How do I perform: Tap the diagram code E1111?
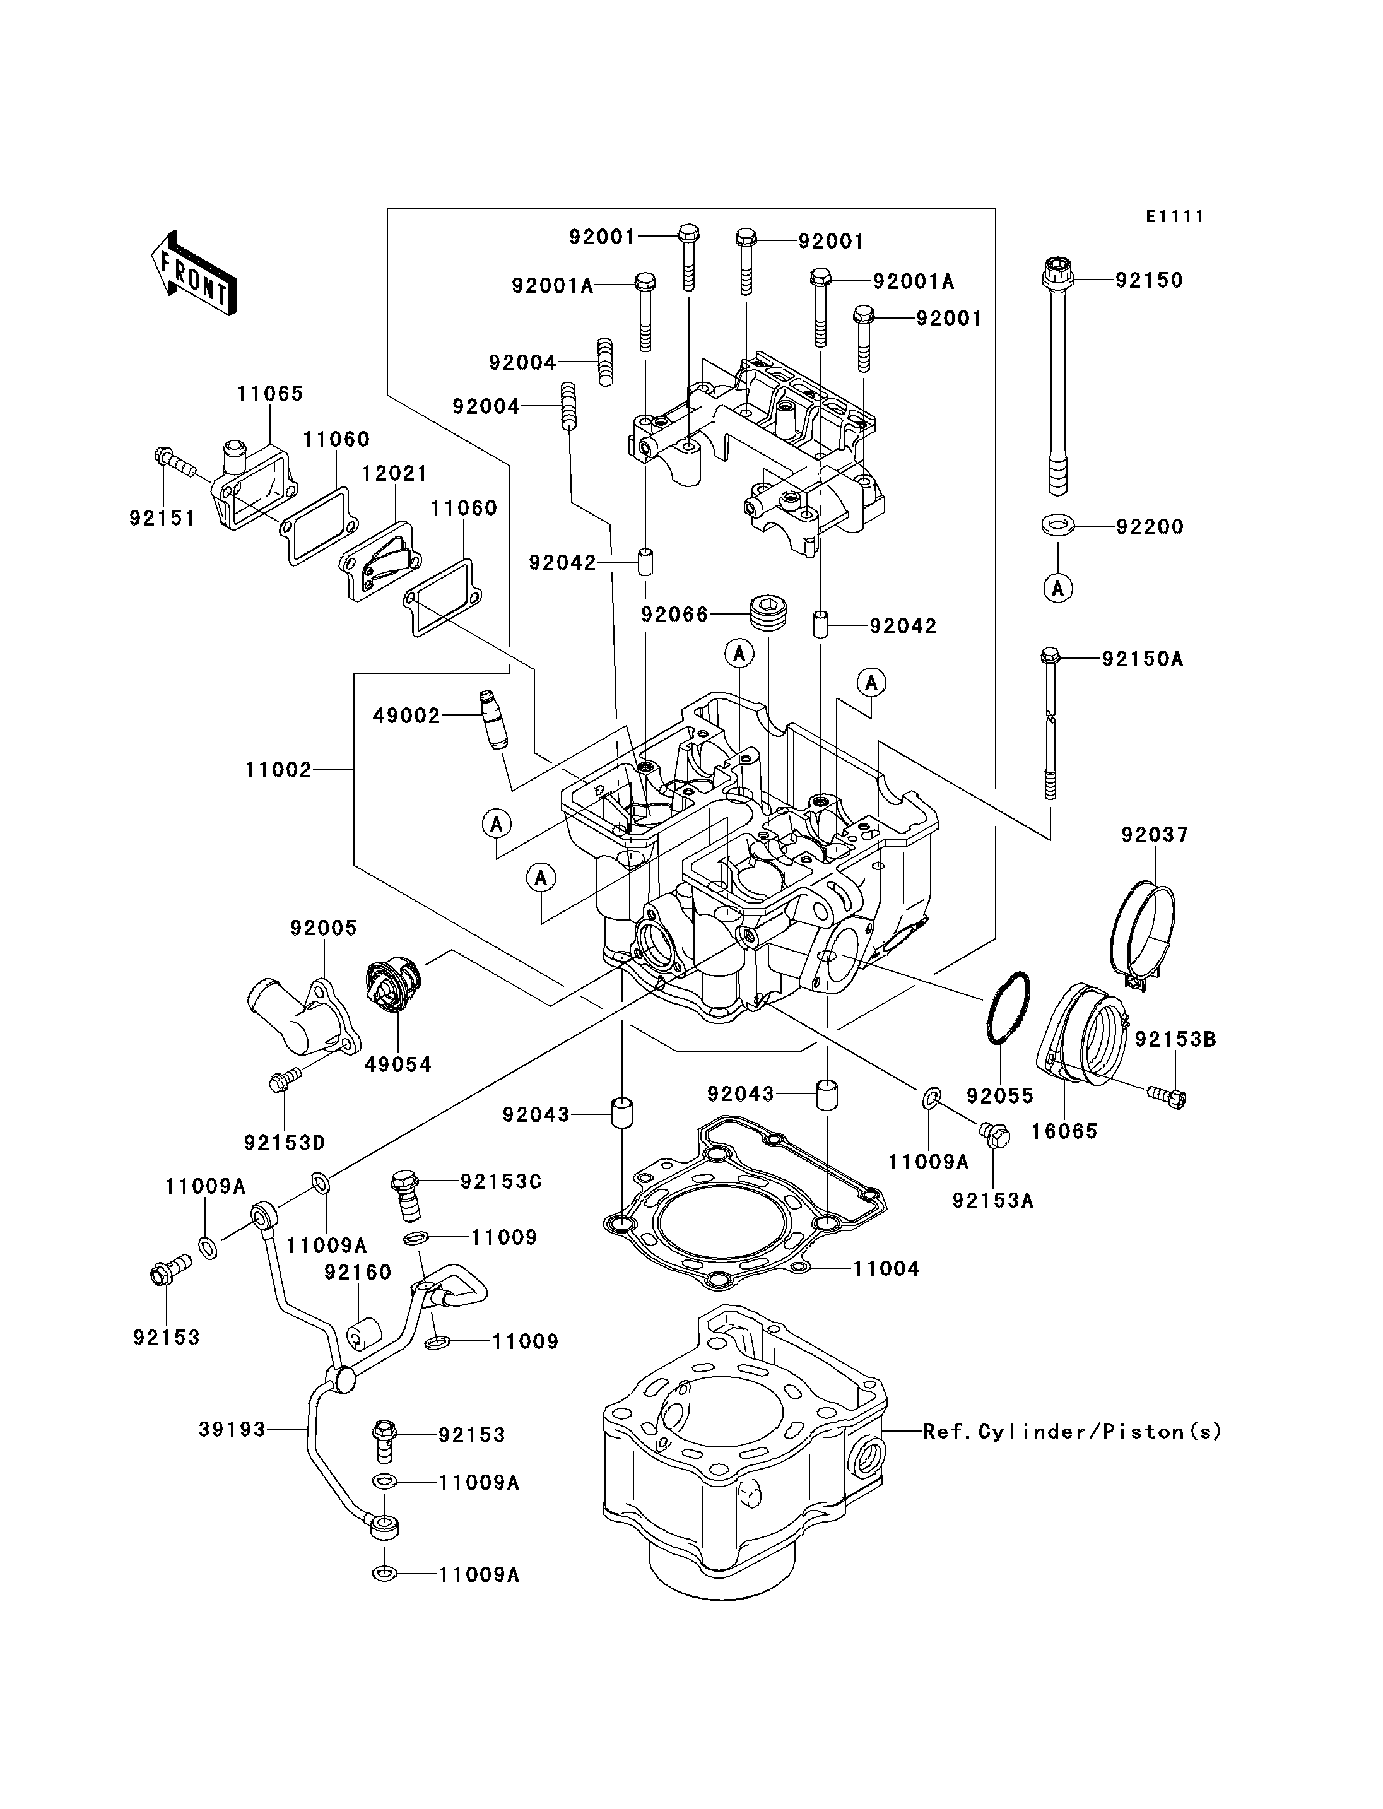click(1175, 216)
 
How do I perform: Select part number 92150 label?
click(1149, 280)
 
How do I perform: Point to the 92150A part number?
click(1143, 659)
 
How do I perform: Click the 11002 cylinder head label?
click(278, 770)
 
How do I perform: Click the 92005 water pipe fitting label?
click(324, 928)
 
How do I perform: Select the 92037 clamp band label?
click(1154, 835)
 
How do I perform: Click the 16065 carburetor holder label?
click(1064, 1131)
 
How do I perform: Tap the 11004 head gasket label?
click(886, 1268)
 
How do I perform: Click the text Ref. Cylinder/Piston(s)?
click(1072, 1432)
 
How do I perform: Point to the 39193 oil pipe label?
click(232, 1429)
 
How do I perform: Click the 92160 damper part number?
click(357, 1272)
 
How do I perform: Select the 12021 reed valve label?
click(395, 473)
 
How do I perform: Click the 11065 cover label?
click(270, 394)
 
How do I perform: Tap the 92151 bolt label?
click(162, 518)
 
